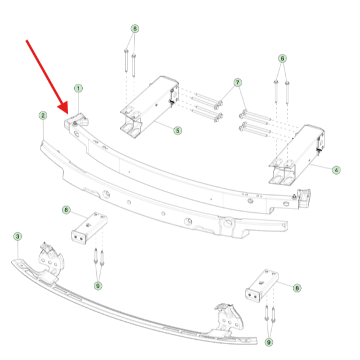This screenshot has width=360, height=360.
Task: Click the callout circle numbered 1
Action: [x=79, y=88]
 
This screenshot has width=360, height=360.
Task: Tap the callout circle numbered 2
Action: [x=43, y=115]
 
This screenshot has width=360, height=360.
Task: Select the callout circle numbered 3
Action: [x=18, y=236]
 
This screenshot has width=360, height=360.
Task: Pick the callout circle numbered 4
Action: [x=336, y=170]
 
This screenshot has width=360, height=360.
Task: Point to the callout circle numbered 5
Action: [x=177, y=131]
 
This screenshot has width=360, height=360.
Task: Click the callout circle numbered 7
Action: [x=237, y=82]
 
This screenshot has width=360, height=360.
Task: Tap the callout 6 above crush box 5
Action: [x=135, y=29]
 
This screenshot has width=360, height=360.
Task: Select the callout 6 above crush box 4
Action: [x=282, y=58]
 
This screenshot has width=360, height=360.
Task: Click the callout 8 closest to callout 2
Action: [x=66, y=210]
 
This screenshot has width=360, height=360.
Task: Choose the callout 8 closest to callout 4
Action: [x=297, y=288]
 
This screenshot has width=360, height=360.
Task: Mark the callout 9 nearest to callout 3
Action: [x=98, y=286]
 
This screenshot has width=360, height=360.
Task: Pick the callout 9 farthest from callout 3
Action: [x=269, y=342]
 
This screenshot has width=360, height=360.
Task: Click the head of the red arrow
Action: [x=67, y=113]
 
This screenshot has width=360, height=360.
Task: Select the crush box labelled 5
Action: [x=149, y=107]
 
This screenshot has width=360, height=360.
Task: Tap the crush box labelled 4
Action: [x=297, y=155]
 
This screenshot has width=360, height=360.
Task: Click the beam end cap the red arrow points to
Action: [x=76, y=120]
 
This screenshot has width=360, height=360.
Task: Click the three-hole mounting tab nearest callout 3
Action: [x=51, y=259]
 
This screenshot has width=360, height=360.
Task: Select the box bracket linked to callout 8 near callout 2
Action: [x=89, y=228]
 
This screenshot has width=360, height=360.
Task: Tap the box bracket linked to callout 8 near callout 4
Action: [x=262, y=286]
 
